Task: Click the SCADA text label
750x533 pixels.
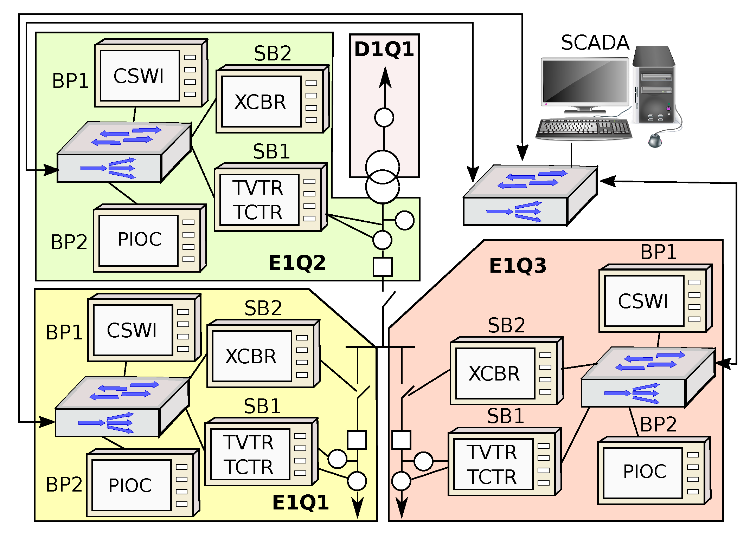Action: (x=595, y=43)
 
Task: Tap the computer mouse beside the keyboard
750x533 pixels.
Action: (x=655, y=140)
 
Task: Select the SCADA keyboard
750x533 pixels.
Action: (x=584, y=129)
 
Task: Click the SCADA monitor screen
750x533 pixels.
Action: (x=585, y=82)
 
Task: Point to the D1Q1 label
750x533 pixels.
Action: (x=384, y=49)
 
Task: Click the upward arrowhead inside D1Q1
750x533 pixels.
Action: (x=385, y=77)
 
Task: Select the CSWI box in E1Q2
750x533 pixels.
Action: (x=140, y=76)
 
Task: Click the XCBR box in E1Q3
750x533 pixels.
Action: (x=495, y=373)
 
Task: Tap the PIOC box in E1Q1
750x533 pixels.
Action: (x=131, y=485)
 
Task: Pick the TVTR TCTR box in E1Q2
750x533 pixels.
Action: (x=259, y=200)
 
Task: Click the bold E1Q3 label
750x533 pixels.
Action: (x=518, y=266)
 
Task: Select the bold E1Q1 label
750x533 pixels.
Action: (x=301, y=502)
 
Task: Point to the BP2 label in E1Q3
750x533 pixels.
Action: (x=658, y=424)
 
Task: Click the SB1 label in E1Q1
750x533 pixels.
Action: (x=262, y=407)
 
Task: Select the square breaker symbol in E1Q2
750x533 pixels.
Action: (x=383, y=267)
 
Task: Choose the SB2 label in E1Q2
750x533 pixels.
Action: (x=273, y=54)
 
